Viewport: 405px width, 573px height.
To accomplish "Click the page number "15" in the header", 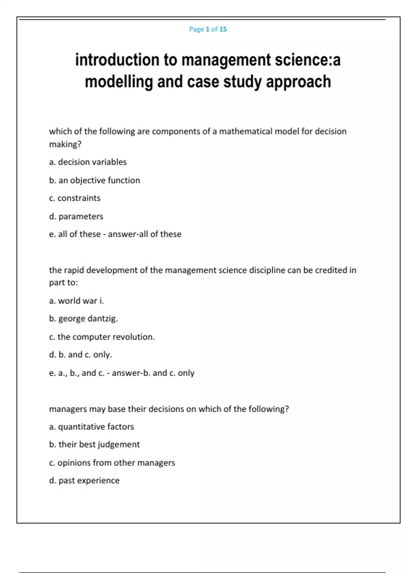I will tap(223, 29).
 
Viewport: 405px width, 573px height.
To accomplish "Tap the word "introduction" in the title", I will tap(117, 60).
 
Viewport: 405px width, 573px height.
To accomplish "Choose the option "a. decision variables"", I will tap(88, 162).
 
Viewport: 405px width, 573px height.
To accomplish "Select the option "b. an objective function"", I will tap(94, 180).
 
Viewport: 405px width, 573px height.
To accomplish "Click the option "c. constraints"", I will tap(75, 198).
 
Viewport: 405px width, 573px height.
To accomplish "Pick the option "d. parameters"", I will tap(76, 216).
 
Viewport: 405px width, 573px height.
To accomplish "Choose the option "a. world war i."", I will tap(76, 301).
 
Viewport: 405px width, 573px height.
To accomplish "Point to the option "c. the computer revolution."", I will tap(102, 337).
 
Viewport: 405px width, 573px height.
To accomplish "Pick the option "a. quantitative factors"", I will tap(91, 427).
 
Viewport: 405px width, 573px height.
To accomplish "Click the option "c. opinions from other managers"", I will tap(112, 463).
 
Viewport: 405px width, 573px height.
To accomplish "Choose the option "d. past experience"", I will tap(84, 481).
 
